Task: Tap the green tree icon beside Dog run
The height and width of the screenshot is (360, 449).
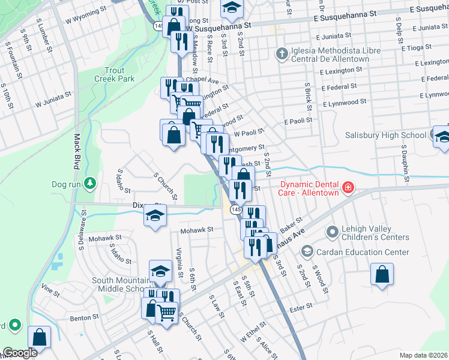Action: [x=90, y=182]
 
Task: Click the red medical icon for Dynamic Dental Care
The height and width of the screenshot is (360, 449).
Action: [x=347, y=189]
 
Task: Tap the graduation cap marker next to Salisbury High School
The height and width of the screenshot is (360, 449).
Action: [x=442, y=136]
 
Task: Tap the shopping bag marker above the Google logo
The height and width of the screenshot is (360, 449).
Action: [x=39, y=337]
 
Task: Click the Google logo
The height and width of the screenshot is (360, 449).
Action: [x=20, y=353]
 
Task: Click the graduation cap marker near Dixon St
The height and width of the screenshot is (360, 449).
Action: [x=155, y=215]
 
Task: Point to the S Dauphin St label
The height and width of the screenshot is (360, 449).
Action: [x=406, y=162]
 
